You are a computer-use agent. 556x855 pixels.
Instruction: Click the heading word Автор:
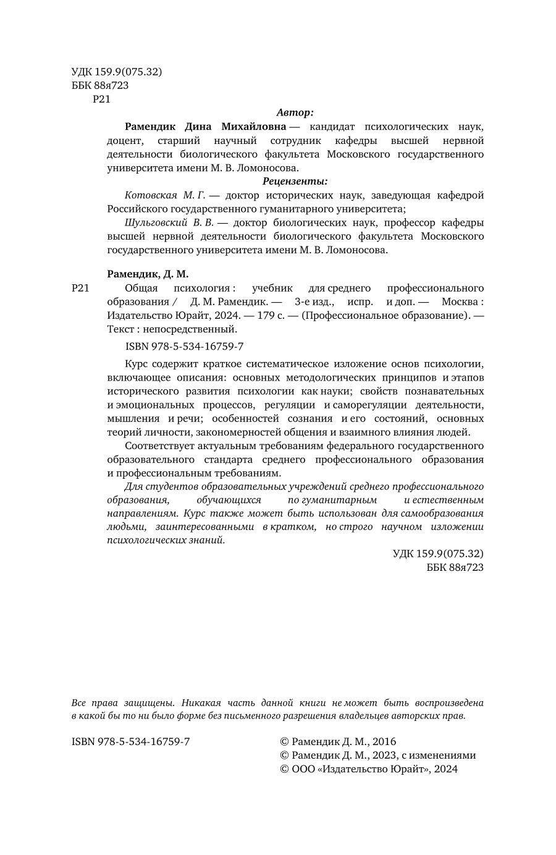[x=295, y=112]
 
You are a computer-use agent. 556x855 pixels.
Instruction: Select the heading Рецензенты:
[x=295, y=181]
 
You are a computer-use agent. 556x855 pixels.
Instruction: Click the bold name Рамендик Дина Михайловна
[x=205, y=127]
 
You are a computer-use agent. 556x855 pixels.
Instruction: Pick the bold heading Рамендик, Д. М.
[x=148, y=274]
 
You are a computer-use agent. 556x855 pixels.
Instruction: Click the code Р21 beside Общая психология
[x=81, y=288]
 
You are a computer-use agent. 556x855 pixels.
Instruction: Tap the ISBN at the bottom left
[x=130, y=741]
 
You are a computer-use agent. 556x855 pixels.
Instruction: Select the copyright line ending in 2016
[x=338, y=741]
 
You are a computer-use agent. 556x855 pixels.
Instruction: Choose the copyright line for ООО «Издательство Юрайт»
[x=369, y=769]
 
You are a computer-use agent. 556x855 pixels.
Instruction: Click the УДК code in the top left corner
[x=117, y=72]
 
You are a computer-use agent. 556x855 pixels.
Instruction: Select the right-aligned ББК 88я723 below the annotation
[x=455, y=566]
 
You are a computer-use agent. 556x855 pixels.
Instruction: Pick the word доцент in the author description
[x=124, y=140]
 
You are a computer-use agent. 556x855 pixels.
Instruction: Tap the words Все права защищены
[x=124, y=702]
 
